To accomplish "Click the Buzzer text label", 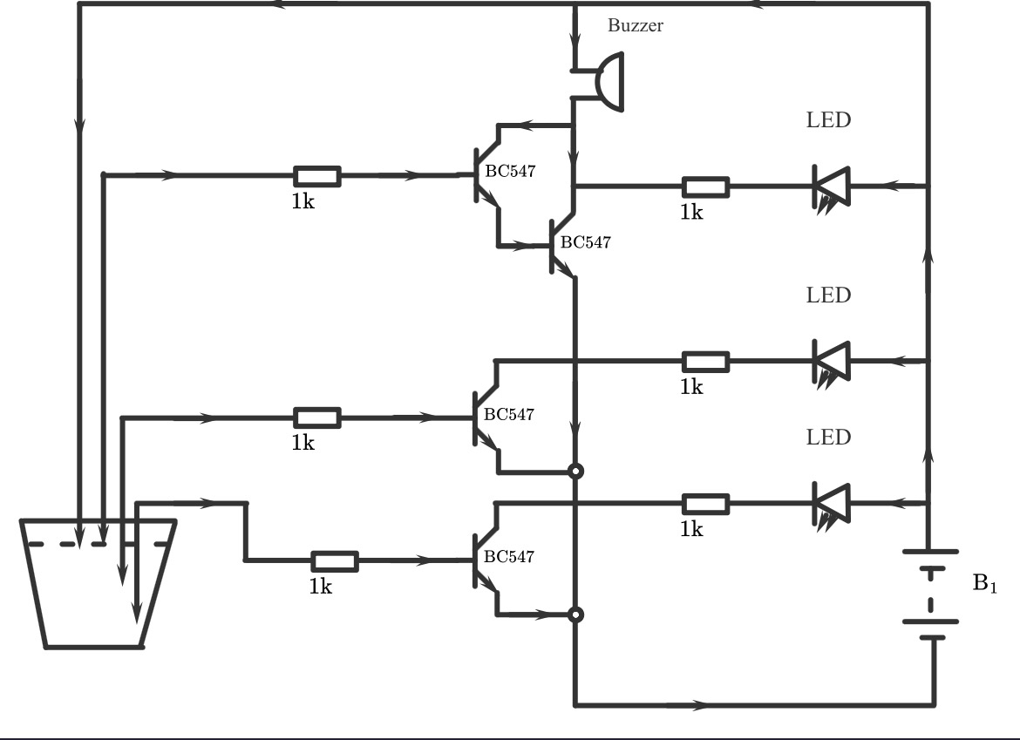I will tap(635, 25).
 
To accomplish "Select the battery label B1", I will tap(984, 584).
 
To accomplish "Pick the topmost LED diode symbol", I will tap(830, 186).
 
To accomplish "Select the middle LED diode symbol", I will tap(830, 359).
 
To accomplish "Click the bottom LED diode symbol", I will tap(830, 502).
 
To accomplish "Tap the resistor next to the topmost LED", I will tap(705, 186).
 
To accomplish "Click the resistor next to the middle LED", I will tap(705, 360).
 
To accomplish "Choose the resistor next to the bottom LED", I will tap(705, 503).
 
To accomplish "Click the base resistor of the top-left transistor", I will tap(316, 175).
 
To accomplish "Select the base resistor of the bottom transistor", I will tap(335, 560).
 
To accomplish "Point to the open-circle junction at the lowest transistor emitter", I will tap(575, 614).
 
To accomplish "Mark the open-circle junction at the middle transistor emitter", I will tap(575, 472).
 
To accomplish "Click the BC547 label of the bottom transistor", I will tap(509, 556).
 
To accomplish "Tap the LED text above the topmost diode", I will tap(827, 120).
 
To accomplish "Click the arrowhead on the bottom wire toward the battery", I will tap(697, 703).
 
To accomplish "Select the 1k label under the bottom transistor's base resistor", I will tap(320, 586).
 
